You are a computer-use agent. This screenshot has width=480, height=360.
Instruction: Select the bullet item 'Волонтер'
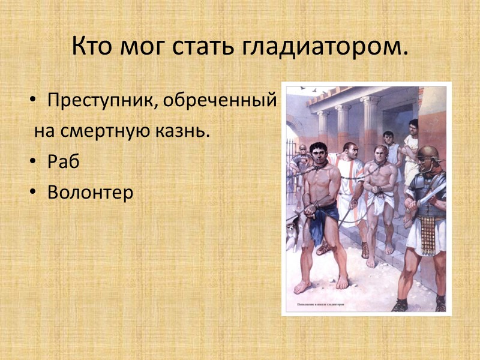[x=89, y=193]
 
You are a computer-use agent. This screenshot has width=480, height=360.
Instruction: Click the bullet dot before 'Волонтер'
[x=34, y=194]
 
